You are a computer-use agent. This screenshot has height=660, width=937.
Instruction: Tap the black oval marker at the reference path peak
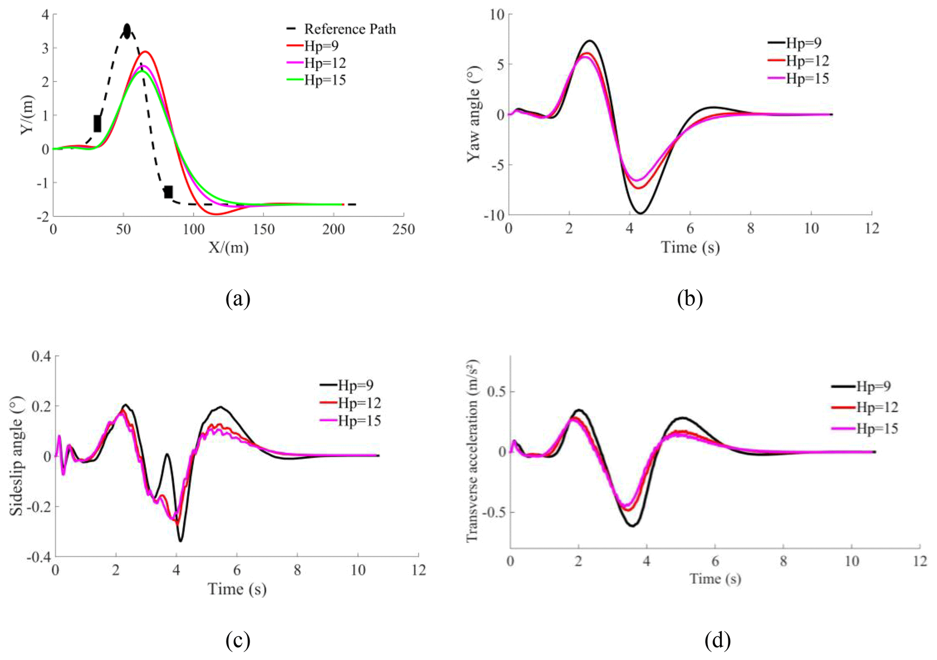tap(127, 31)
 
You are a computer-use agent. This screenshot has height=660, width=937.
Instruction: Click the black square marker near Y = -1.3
tap(168, 192)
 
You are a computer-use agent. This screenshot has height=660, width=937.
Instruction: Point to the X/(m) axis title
tap(228, 247)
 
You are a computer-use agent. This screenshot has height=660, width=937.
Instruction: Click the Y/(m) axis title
tap(27, 115)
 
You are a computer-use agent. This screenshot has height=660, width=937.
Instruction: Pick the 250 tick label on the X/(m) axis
tap(403, 230)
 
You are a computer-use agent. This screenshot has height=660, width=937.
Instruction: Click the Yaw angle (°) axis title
tap(474, 115)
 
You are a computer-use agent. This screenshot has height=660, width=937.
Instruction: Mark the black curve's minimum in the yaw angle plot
tap(641, 213)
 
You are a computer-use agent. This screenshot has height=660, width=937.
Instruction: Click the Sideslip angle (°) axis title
tap(17, 456)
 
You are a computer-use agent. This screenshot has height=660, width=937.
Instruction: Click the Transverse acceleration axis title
tap(472, 451)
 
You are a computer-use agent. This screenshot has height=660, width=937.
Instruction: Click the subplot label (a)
tap(238, 299)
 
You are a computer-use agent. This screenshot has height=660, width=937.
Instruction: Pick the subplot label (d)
tap(718, 640)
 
